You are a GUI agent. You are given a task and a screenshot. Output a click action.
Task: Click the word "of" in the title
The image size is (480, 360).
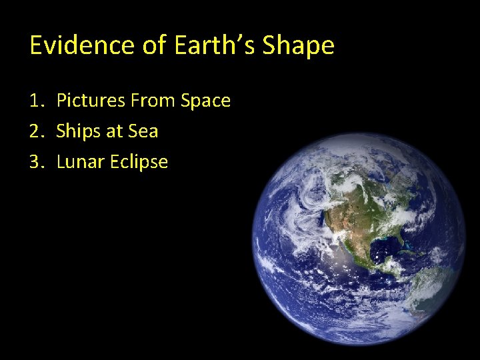151,45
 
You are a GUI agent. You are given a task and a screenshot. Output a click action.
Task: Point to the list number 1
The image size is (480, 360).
35,101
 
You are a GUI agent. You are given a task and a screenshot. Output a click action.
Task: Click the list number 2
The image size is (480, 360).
35,131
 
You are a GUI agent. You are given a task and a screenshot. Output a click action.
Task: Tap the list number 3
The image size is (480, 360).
35,162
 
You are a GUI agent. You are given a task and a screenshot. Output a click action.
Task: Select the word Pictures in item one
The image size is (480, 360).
91,101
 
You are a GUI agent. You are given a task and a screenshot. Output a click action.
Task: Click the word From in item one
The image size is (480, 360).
153,101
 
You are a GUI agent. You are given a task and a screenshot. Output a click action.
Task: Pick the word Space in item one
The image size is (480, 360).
206,101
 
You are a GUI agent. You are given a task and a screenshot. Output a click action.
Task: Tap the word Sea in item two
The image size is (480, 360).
143,131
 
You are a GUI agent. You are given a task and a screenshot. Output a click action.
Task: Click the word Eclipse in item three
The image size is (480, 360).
139,163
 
